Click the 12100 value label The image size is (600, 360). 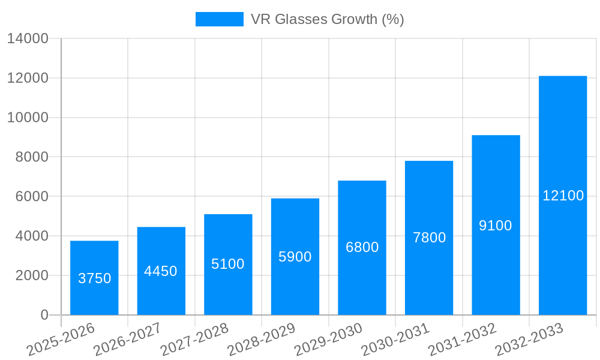point(563,196)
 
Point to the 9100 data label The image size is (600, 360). point(496,226)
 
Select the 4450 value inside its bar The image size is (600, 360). point(161,271)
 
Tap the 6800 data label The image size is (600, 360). point(362,247)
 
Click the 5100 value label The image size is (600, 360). point(228,264)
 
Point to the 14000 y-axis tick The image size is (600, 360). point(28,39)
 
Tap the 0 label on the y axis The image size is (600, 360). point(44,315)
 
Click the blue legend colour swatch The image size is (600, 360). point(219,19)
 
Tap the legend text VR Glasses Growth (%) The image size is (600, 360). point(327,19)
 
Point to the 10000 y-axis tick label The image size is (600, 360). point(28,118)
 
